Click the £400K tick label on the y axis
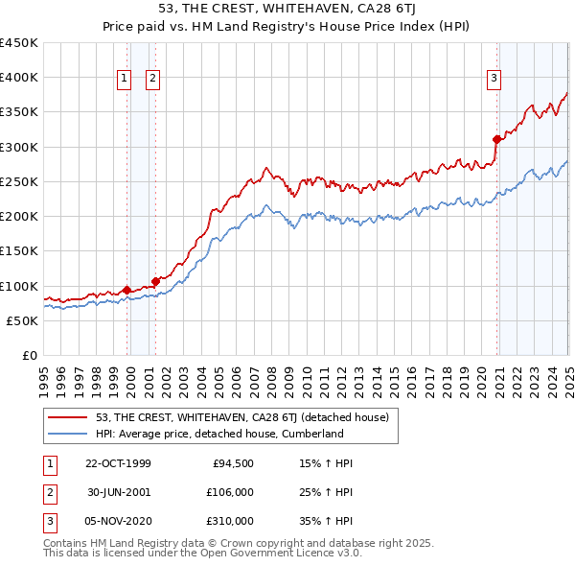click(19, 78)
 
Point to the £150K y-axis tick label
click(19, 251)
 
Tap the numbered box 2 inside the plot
click(153, 80)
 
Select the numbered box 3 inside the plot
click(494, 80)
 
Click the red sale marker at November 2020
click(496, 140)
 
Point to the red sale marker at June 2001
click(155, 281)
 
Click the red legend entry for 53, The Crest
click(241, 417)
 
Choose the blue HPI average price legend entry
click(218, 434)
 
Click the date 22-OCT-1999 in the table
click(118, 463)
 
